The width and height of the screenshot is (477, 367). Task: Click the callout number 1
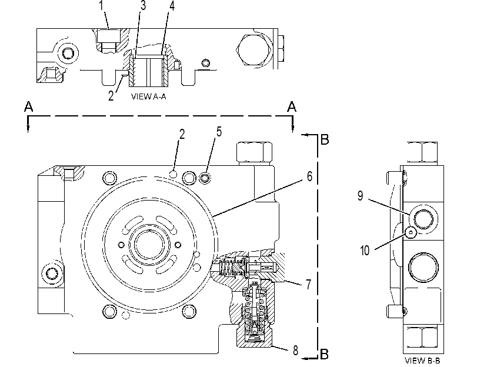coord(101,5)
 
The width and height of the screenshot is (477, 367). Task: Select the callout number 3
coord(143,5)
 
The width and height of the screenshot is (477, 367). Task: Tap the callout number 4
coord(172,5)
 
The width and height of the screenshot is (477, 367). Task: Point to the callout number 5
coord(219,132)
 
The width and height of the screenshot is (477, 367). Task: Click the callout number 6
coord(309,176)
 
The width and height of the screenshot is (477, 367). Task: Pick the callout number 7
coord(308,285)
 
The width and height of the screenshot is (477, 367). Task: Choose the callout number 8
coord(295,351)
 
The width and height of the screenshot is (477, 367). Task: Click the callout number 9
coord(360,196)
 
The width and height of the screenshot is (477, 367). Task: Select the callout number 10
coord(365,251)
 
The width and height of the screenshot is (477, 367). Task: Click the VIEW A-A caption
coord(148,96)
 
